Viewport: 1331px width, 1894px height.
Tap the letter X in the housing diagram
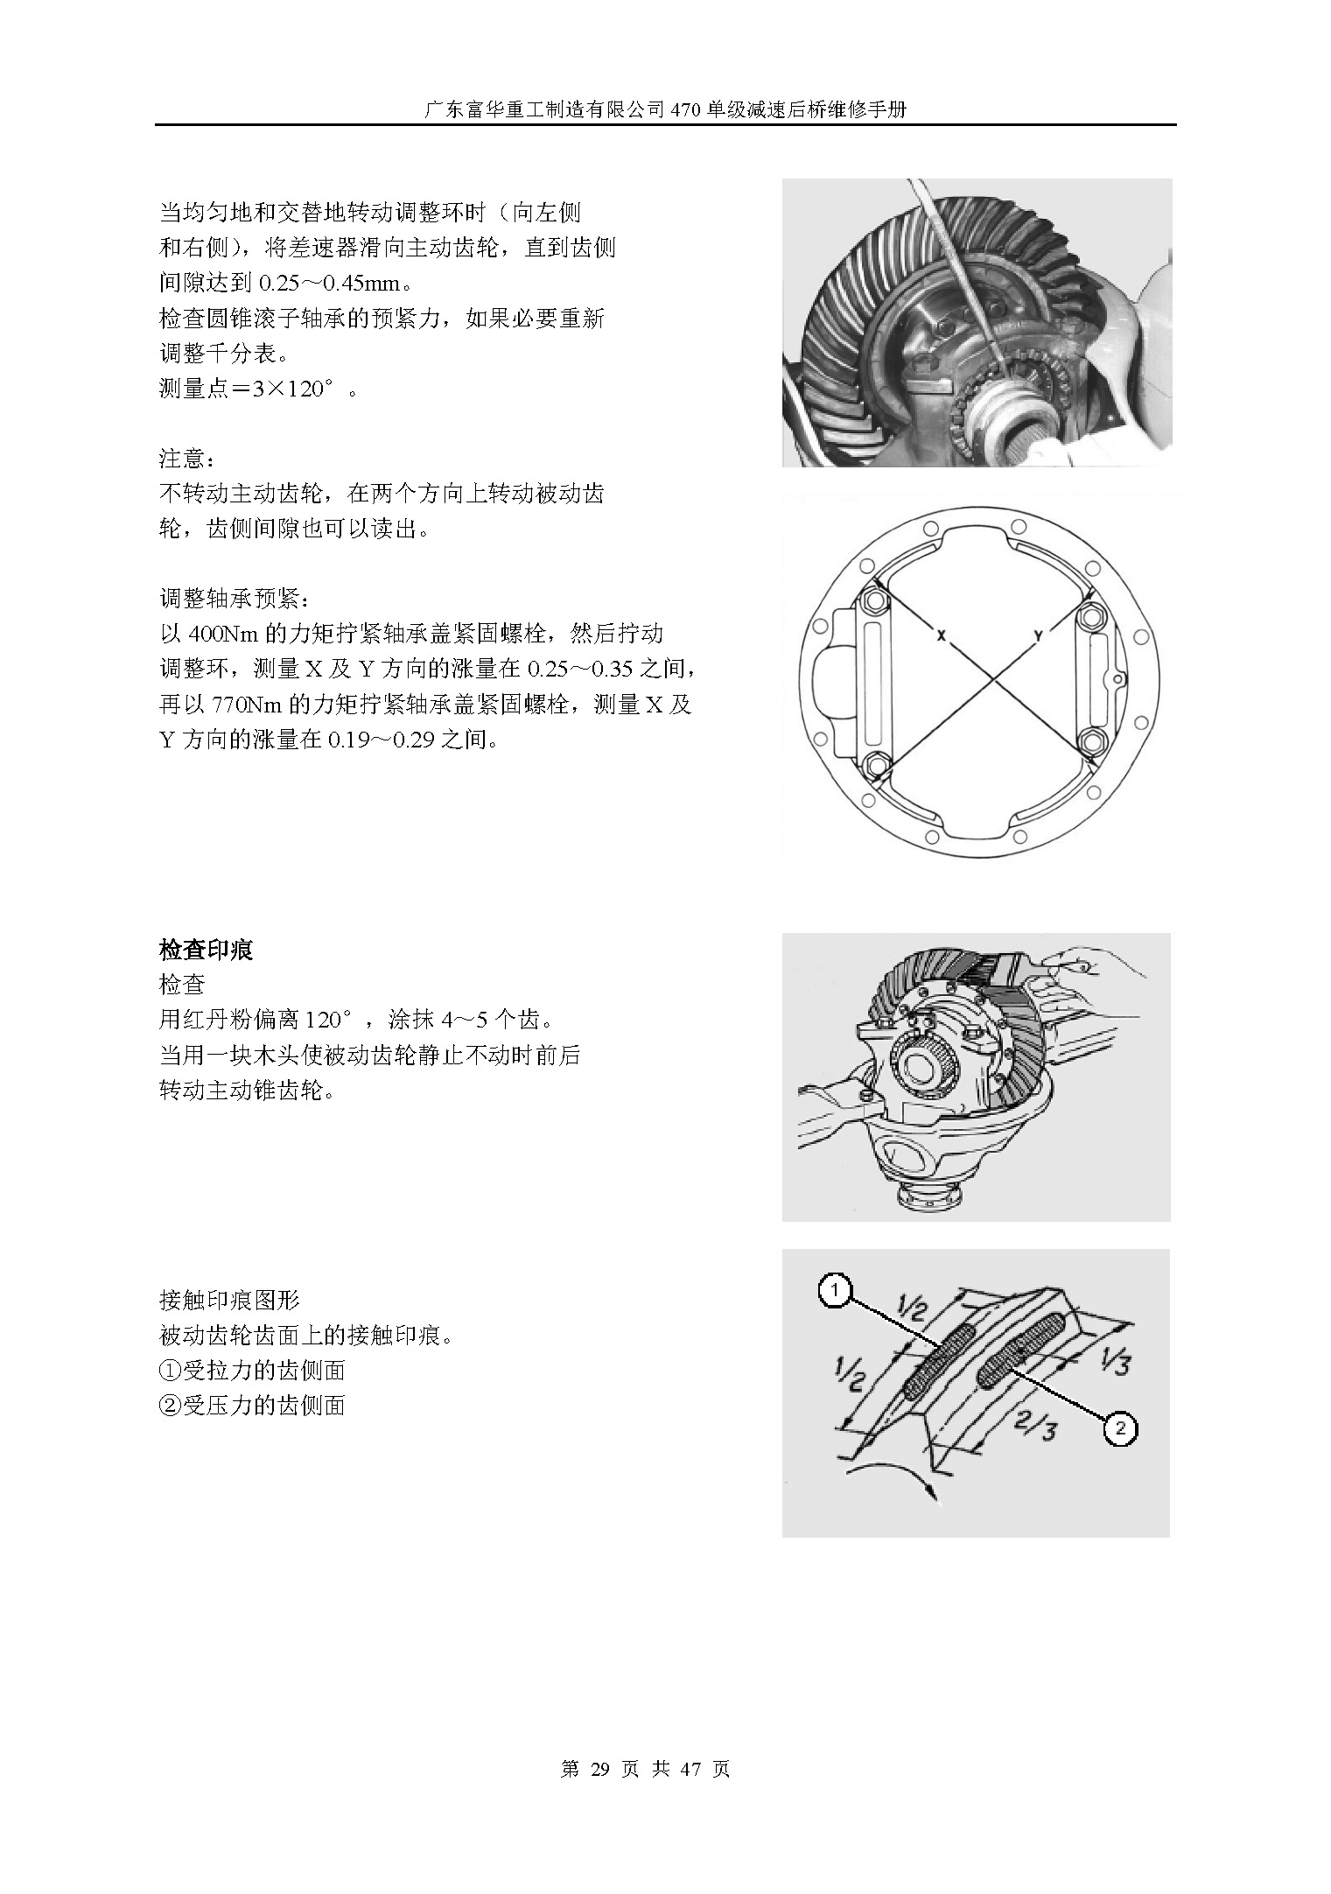point(941,636)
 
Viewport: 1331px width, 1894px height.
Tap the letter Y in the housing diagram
point(1038,636)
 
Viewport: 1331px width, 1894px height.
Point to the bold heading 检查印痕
point(206,951)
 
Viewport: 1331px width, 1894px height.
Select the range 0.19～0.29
point(381,740)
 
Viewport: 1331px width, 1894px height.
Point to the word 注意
point(182,459)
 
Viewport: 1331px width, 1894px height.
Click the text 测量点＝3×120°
point(249,388)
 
